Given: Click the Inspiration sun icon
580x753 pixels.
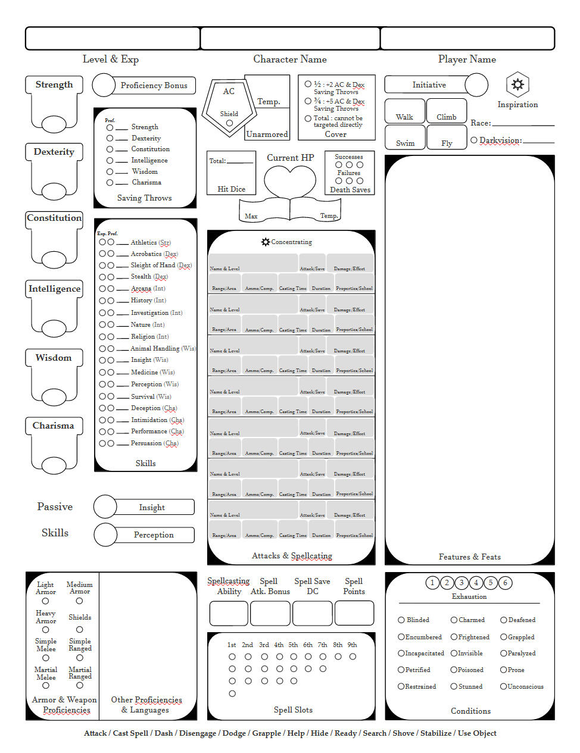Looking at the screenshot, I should [x=517, y=85].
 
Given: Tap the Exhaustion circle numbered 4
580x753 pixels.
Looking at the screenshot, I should [x=476, y=583].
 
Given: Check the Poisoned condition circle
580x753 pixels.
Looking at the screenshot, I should [x=454, y=670].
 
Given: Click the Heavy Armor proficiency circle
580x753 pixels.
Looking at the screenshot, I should [x=46, y=630].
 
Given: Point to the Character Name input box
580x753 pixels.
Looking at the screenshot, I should [x=290, y=38].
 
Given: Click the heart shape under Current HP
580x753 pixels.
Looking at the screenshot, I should [x=290, y=180].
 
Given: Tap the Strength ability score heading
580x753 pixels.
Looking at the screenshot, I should [x=54, y=85].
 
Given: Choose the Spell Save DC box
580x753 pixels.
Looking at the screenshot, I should [x=313, y=613].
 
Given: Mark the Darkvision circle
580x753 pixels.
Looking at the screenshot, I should [x=474, y=140].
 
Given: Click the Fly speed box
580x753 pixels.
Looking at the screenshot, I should [x=447, y=138].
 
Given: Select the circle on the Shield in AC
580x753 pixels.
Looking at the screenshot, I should [x=229, y=123].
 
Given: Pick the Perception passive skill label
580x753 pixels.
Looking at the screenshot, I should [x=154, y=535].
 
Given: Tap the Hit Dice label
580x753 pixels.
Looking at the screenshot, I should [x=231, y=189].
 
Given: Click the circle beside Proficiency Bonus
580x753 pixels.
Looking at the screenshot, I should [x=104, y=85].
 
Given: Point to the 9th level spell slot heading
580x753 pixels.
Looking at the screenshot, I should [x=353, y=645].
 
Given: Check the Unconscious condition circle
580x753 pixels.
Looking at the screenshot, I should [x=503, y=686].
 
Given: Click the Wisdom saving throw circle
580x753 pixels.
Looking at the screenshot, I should [x=110, y=171].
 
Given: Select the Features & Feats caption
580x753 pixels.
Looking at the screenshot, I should [x=469, y=557].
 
